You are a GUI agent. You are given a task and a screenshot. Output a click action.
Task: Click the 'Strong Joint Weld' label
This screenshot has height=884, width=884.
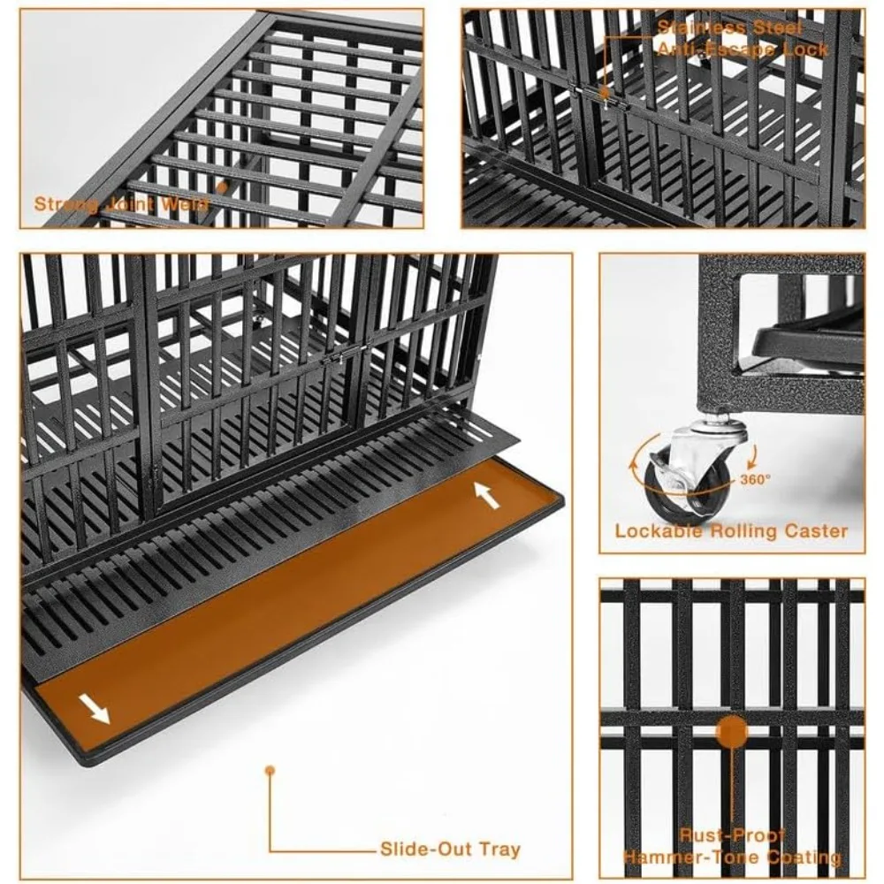pos(122,204)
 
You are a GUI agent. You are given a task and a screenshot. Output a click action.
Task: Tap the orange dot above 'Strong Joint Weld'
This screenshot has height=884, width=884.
pos(223,187)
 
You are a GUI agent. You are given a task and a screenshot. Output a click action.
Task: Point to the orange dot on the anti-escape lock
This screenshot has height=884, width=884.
pos(605,92)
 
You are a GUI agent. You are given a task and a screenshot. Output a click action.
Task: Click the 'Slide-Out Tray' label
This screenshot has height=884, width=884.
pos(450,850)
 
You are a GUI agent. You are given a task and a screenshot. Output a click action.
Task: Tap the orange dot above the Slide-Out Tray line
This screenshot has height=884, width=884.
pos(271,770)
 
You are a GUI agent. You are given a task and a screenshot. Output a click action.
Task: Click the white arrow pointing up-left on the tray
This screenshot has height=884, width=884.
pos(487,495)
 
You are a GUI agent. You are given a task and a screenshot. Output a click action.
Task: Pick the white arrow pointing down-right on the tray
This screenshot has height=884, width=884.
pos(94,707)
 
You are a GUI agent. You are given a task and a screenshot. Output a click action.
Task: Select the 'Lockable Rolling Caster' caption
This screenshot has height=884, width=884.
pos(731,531)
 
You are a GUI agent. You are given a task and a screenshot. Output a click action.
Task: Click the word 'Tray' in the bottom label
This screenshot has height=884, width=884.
pos(500,850)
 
